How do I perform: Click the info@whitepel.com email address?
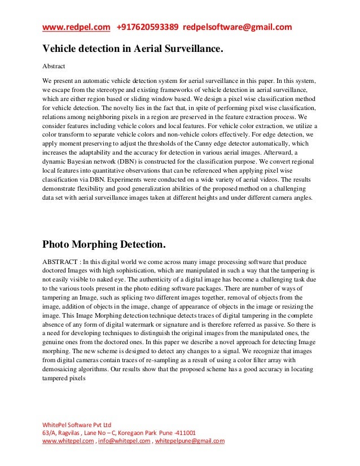click(122, 442)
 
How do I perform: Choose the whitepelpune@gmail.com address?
click(189, 442)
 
